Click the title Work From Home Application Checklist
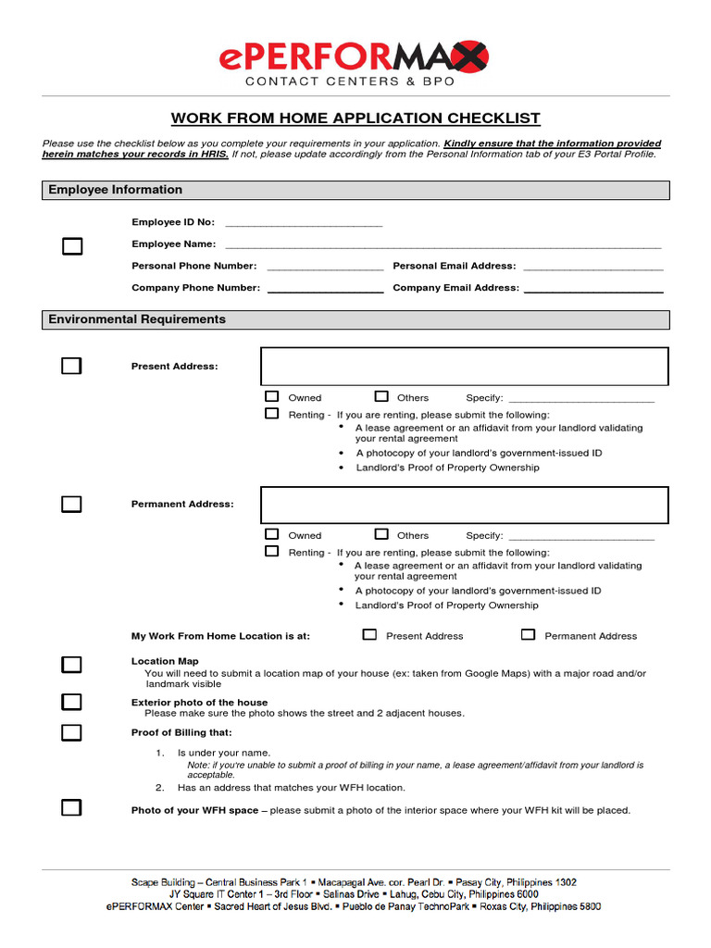[x=355, y=118]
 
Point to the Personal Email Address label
[x=454, y=266]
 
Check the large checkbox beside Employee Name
[x=72, y=246]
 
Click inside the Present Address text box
[x=464, y=367]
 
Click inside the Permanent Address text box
[x=464, y=505]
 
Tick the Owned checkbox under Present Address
[x=272, y=396]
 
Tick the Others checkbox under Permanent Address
[x=381, y=534]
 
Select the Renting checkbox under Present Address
[x=272, y=414]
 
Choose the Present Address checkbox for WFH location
[x=370, y=635]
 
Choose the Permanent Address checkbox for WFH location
[x=529, y=635]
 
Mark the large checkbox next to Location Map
[x=72, y=665]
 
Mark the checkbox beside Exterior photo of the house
[x=72, y=702]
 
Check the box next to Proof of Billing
[x=72, y=733]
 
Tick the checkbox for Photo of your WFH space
[x=72, y=807]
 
